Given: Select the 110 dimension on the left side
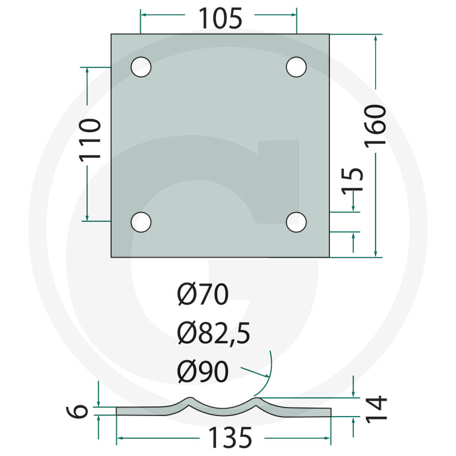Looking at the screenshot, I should tap(90, 139).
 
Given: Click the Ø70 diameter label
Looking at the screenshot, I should tap(202, 295).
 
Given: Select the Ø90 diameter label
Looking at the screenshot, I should tap(202, 372).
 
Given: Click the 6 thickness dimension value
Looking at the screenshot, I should tap(82, 411).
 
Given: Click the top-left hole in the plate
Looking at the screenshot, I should tap(141, 67).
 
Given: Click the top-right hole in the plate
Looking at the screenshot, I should tap(296, 67).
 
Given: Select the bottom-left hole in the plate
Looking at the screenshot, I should tap(141, 222).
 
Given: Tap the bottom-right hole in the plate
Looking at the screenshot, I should tap(296, 222).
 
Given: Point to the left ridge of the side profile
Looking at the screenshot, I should tap(190, 400).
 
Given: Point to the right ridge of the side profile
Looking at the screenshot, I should tap(258, 400).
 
